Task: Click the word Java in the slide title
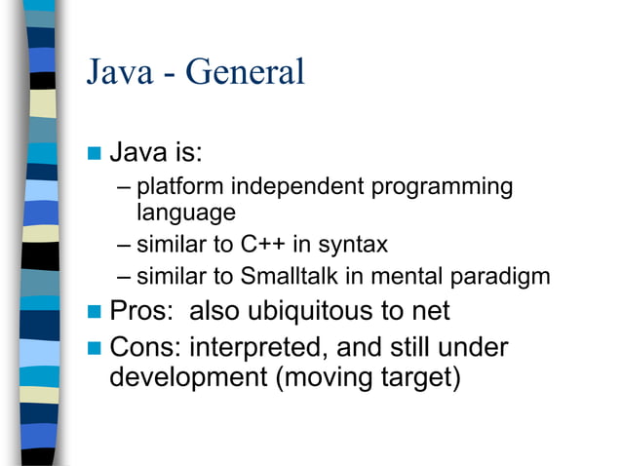(119, 71)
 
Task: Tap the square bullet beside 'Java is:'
(95, 154)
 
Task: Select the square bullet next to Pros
(95, 313)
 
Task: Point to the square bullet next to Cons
(95, 348)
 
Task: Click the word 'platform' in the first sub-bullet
(179, 186)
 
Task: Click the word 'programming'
(447, 186)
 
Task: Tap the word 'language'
(186, 212)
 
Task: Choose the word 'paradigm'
(501, 277)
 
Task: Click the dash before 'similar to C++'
(122, 244)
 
